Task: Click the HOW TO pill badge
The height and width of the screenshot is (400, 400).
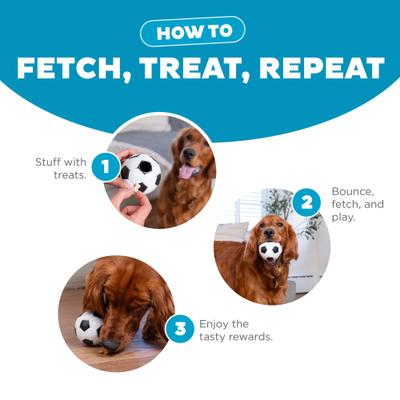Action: click(x=200, y=31)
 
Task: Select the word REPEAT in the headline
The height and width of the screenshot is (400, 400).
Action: click(x=325, y=68)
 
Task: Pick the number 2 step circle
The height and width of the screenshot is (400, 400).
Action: click(x=306, y=203)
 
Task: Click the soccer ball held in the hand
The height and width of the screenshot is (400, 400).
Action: click(x=141, y=172)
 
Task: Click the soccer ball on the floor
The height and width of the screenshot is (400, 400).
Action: click(x=89, y=328)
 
